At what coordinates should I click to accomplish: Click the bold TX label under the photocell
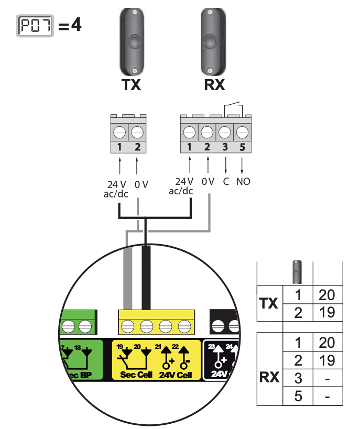(x=131, y=85)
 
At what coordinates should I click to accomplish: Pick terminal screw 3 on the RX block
(x=225, y=131)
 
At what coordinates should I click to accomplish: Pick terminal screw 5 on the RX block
(x=242, y=131)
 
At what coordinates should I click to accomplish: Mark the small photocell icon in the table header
(x=297, y=272)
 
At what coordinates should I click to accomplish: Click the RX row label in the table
(x=270, y=377)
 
